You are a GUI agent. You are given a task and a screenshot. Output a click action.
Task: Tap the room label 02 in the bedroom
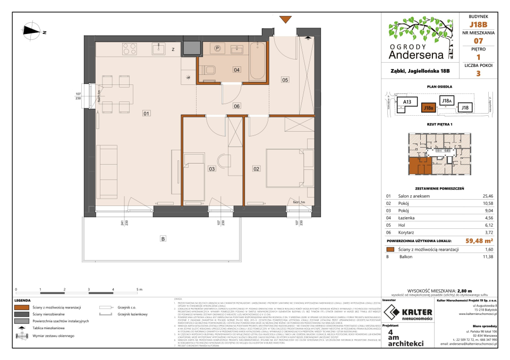(257, 169)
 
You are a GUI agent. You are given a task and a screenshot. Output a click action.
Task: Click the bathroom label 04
(236, 70)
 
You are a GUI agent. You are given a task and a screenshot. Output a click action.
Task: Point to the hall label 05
(285, 80)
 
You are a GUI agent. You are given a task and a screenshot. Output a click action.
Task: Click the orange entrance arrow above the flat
(285, 20)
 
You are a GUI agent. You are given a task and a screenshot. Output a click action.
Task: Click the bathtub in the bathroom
(258, 61)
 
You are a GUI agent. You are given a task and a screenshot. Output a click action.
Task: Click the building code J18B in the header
(478, 24)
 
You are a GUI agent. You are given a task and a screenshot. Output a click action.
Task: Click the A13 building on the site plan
(408, 101)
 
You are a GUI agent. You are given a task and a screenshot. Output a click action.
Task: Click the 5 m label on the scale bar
(139, 290)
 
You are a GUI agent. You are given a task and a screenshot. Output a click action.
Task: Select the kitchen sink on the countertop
(158, 49)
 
